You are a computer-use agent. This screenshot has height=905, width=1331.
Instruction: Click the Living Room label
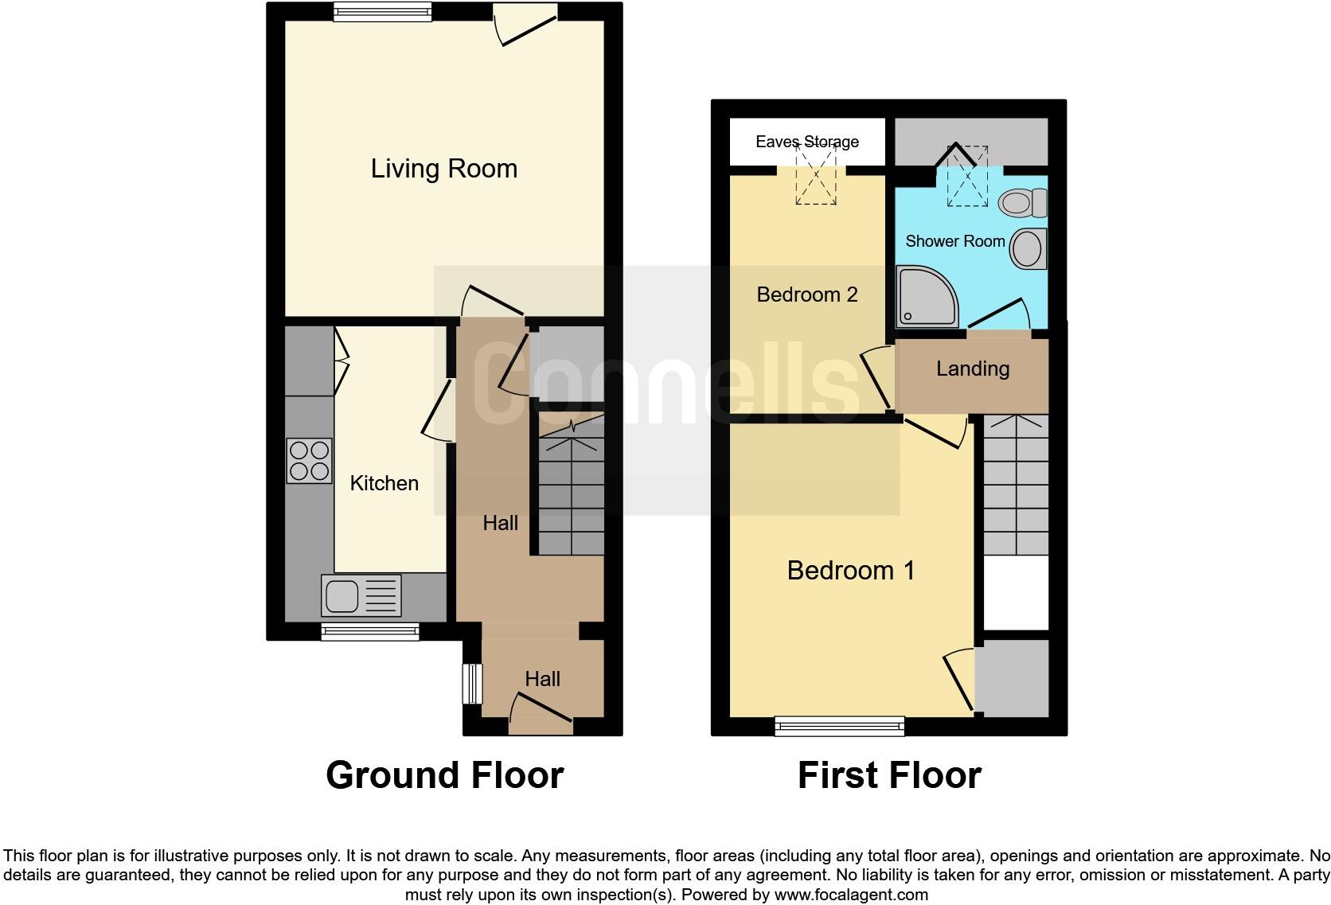443,169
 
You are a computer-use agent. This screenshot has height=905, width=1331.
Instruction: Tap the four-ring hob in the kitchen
310,460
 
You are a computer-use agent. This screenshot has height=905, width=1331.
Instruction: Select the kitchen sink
361,595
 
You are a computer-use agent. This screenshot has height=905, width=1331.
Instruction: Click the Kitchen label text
384,483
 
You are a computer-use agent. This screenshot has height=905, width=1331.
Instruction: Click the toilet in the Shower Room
1023,202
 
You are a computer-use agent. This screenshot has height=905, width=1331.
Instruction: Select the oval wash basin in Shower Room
1027,249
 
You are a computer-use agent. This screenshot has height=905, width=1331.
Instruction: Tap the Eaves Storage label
806,142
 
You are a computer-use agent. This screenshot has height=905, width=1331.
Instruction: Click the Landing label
972,369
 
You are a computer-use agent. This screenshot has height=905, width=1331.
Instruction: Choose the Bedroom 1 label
850,570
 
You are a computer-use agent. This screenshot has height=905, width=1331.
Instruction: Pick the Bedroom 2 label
806,295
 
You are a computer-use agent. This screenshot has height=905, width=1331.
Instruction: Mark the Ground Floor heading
444,775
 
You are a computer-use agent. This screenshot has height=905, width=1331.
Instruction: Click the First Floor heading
889,775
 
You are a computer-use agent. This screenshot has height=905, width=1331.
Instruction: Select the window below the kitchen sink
370,632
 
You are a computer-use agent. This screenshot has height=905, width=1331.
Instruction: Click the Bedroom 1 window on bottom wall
840,725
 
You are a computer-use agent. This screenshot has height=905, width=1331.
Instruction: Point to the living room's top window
382,11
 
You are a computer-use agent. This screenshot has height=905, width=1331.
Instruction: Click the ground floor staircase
571,493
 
